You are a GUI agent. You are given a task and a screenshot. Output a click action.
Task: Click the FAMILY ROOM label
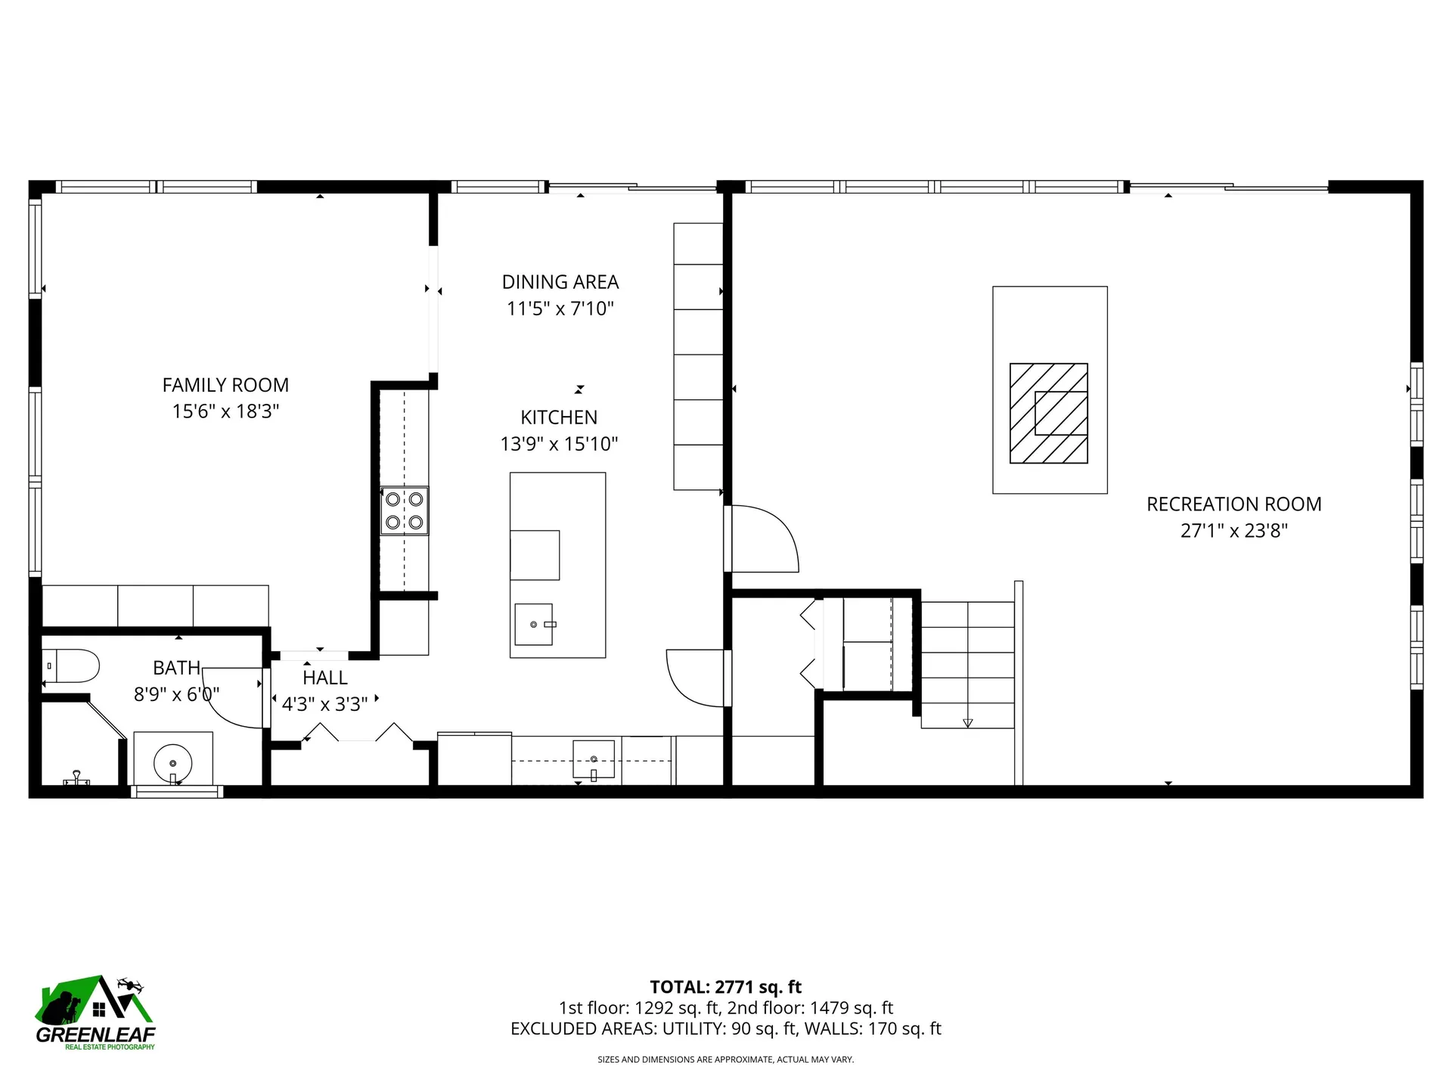pyautogui.click(x=225, y=385)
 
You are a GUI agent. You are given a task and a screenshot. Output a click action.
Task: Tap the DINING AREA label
pyautogui.click(x=560, y=282)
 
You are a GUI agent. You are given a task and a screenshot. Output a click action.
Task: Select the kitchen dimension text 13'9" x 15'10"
pyautogui.click(x=559, y=444)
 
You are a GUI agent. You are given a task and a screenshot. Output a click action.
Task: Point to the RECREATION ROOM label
pyautogui.click(x=1234, y=504)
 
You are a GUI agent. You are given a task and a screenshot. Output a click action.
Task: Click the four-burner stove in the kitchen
pyautogui.click(x=404, y=510)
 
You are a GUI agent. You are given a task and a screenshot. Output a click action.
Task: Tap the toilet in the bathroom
pyautogui.click(x=70, y=666)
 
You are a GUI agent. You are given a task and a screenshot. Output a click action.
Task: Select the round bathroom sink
pyautogui.click(x=172, y=762)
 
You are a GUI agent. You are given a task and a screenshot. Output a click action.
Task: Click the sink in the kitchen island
pyautogui.click(x=534, y=624)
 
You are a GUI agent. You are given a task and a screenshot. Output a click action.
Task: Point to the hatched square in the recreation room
pyautogui.click(x=1049, y=413)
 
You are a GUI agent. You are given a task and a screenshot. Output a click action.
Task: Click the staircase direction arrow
pyautogui.click(x=967, y=724)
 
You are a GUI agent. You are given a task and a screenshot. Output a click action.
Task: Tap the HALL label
pyautogui.click(x=325, y=678)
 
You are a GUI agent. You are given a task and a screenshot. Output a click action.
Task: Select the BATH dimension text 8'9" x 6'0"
pyautogui.click(x=177, y=694)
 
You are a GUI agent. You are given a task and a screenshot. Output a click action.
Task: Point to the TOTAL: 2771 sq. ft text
pyautogui.click(x=726, y=987)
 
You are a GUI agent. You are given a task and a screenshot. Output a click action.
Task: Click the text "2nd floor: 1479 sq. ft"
pyautogui.click(x=811, y=1008)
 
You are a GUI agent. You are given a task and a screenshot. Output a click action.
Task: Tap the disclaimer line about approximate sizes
pyautogui.click(x=726, y=1060)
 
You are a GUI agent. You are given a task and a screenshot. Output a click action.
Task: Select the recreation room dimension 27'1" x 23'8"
pyautogui.click(x=1234, y=531)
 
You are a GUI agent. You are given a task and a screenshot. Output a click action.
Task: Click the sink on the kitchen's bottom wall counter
pyautogui.click(x=594, y=760)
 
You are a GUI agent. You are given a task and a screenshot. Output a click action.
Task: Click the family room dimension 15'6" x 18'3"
pyautogui.click(x=225, y=411)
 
